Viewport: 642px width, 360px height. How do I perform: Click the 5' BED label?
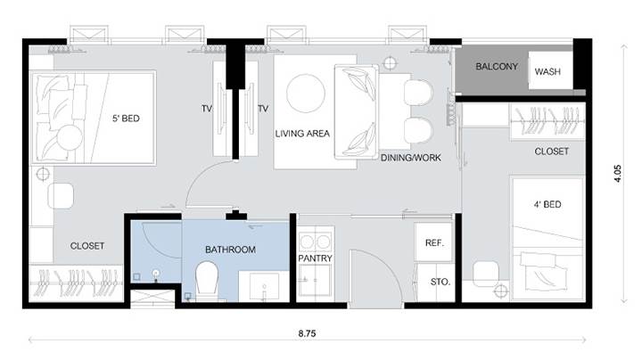126,119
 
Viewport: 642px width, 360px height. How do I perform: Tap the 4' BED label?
547,204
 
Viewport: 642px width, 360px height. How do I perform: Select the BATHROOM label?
231,250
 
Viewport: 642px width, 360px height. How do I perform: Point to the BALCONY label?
497,66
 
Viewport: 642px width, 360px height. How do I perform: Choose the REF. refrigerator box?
434,242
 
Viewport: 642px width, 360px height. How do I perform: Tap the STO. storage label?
440,282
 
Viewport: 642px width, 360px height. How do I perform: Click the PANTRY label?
315,258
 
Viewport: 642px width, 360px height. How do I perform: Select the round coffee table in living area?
306,94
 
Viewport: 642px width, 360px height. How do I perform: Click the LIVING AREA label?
302,134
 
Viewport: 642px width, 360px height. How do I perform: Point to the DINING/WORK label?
411,158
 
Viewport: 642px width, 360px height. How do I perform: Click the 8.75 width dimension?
307,333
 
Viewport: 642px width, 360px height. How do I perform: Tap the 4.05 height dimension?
617,174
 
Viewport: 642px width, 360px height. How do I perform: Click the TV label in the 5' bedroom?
207,109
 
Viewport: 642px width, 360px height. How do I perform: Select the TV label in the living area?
263,109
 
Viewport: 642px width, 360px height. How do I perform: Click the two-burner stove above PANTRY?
316,241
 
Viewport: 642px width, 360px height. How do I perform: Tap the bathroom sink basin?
264,285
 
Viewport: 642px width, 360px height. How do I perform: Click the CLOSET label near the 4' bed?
552,151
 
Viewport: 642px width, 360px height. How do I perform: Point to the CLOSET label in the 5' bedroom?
87,246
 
